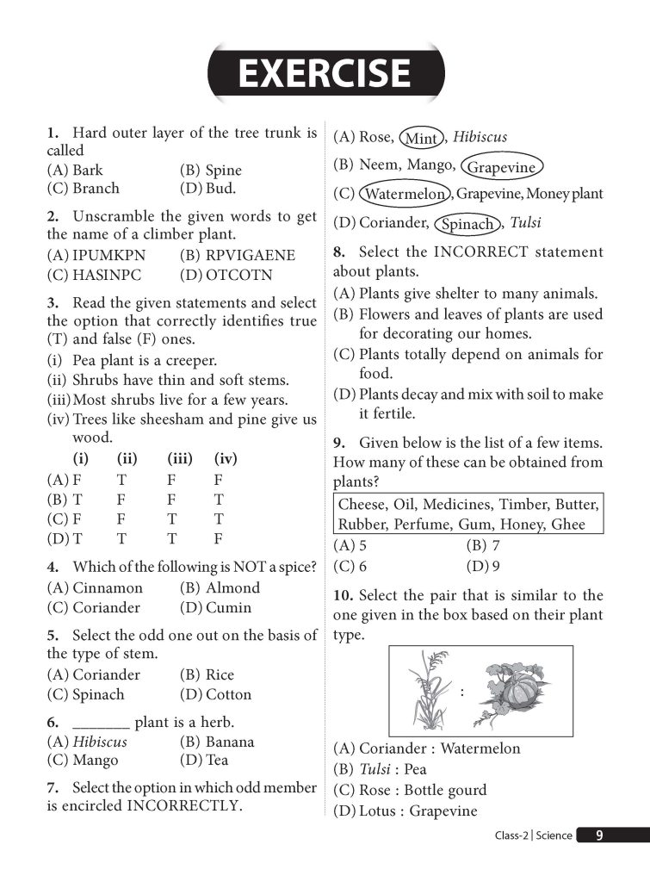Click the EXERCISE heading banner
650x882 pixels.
[325, 72]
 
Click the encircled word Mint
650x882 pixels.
[421, 138]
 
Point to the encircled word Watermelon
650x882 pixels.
[405, 194]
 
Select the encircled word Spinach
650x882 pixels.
[467, 224]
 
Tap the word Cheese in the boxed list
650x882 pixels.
[362, 504]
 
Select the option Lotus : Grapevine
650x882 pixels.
[405, 811]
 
